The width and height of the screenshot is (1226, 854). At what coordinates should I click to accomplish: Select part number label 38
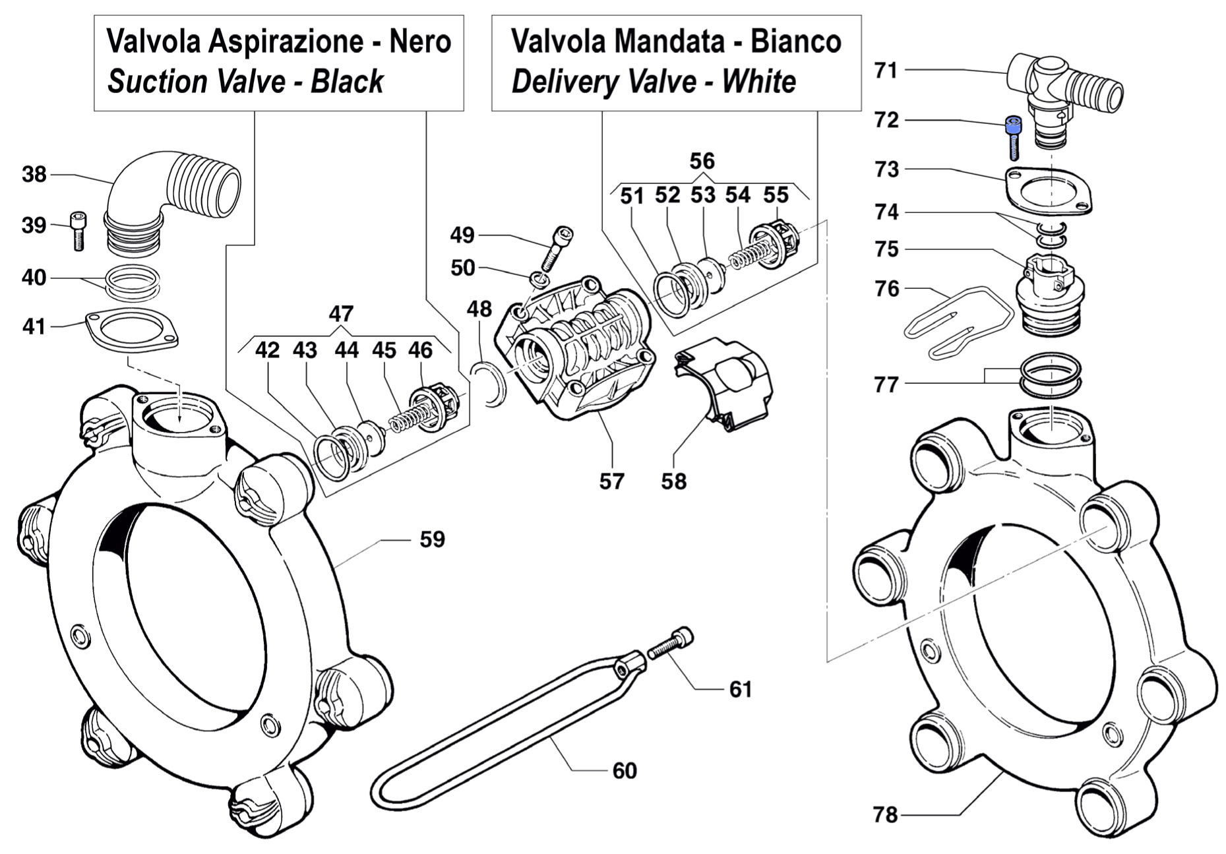point(34,175)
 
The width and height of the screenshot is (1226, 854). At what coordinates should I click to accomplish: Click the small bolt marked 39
point(78,230)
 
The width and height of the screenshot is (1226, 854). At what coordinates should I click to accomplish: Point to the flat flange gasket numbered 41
point(133,329)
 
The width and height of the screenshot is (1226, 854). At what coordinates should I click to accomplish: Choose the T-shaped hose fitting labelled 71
point(1061,92)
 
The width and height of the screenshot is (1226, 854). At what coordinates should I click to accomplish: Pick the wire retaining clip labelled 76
point(956,322)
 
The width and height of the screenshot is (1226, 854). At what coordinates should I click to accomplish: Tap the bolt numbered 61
point(671,643)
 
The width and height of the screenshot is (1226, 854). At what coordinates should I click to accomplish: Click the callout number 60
point(624,770)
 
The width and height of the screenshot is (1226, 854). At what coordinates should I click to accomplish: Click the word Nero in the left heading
point(420,42)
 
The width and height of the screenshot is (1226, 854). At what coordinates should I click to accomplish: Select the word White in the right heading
point(758,82)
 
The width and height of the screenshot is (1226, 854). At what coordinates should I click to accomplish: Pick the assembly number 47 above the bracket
point(340,313)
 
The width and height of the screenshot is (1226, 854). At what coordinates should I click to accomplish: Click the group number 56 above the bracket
point(702,161)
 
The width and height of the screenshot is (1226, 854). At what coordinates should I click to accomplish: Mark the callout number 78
point(885,815)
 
